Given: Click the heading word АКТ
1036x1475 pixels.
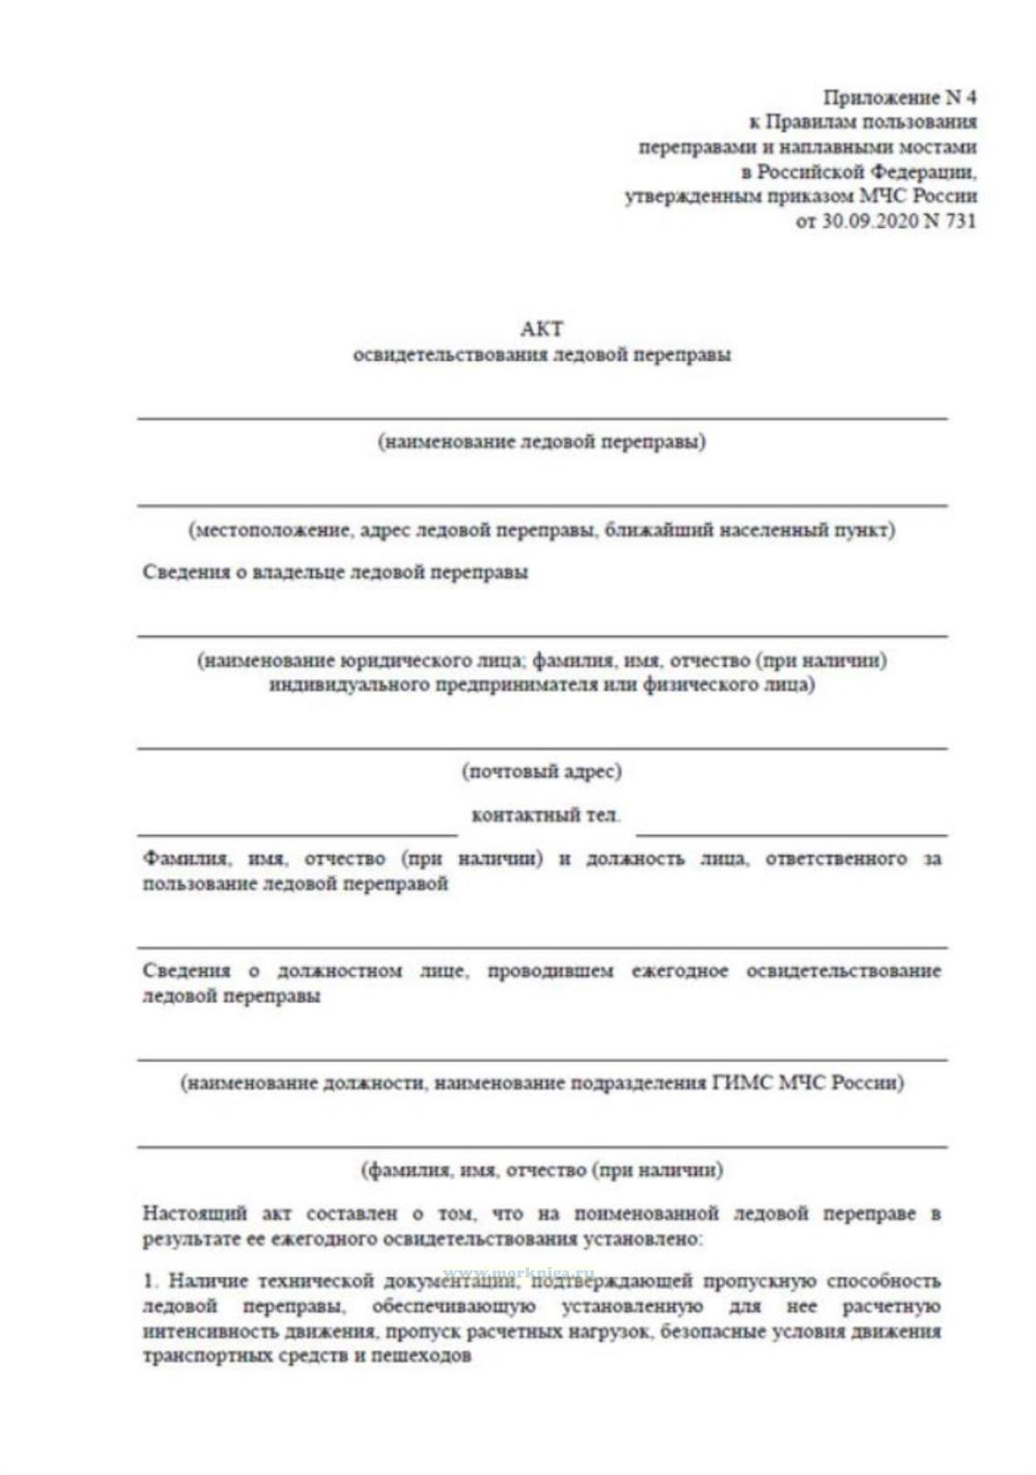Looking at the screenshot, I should click(541, 329).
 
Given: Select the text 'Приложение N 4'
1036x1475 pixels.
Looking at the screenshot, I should click(899, 98).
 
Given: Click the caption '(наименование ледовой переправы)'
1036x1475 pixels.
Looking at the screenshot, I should click(542, 442).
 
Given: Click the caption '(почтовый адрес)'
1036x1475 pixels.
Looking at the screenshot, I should click(542, 772).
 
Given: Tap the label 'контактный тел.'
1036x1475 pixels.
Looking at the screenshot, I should click(545, 816).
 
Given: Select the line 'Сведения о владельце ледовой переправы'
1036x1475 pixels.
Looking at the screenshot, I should click(335, 572).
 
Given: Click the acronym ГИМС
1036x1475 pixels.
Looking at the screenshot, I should click(742, 1083).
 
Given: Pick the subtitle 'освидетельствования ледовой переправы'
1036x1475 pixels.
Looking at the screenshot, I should click(542, 356).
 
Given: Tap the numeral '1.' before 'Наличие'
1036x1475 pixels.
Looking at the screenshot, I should click(150, 1281).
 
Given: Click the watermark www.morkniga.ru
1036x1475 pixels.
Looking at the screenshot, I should click(519, 1272).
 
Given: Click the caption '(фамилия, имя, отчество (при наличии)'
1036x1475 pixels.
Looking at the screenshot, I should click(542, 1171).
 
